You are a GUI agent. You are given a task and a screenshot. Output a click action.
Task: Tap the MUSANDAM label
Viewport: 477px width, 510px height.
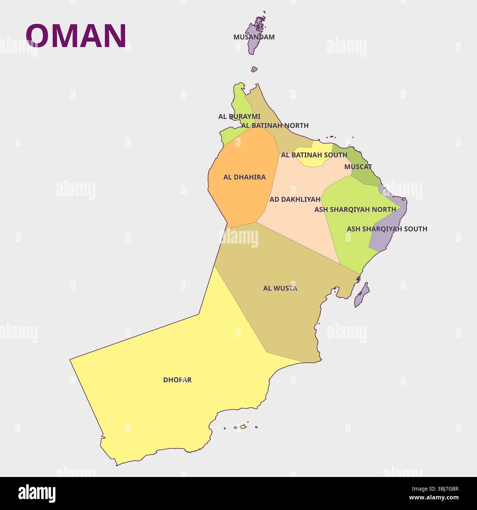coord(254,37)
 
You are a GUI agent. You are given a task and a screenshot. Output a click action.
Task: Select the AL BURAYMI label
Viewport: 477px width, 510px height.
coord(239,117)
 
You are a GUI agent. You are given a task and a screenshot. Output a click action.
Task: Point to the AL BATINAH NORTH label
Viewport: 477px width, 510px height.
coord(275,125)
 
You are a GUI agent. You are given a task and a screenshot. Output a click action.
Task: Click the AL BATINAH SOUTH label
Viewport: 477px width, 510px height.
coord(314,155)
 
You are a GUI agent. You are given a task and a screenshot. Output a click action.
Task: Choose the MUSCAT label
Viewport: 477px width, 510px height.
coord(358,167)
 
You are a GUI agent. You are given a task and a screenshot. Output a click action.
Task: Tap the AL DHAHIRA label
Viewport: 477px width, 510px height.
coord(244,177)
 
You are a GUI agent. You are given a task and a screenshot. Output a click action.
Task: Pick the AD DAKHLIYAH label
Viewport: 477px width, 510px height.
coord(295,200)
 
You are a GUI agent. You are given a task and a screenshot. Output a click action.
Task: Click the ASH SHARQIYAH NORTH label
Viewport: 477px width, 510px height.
coord(355,210)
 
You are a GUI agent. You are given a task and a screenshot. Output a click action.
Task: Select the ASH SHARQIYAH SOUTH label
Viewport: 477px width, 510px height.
coord(387,229)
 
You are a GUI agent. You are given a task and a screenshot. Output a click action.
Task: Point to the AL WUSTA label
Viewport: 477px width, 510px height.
coord(280,288)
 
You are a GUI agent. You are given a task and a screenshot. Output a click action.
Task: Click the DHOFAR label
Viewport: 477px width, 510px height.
coord(177,380)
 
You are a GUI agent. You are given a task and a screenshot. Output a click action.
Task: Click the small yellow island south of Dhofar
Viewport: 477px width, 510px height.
coord(242,426)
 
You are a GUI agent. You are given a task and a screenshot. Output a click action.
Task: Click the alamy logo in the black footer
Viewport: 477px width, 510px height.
coord(37,493)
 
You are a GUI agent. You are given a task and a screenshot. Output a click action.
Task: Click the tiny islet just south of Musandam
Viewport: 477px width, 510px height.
coord(254,69)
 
